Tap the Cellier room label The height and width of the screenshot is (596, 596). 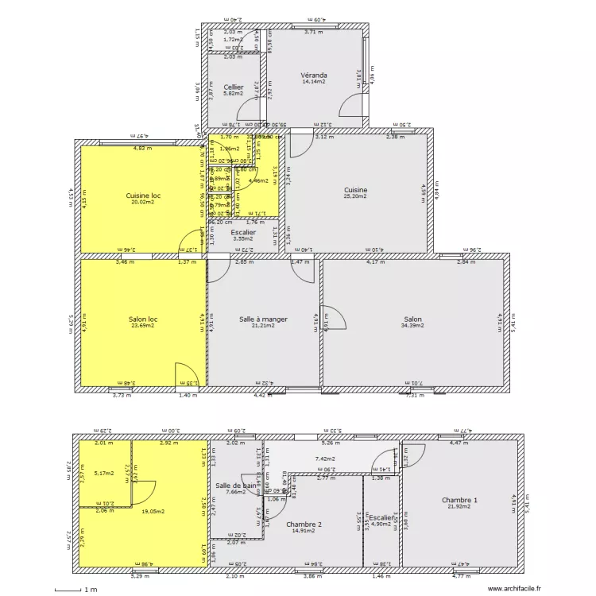coord(234,87)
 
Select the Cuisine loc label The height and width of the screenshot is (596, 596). coord(143,195)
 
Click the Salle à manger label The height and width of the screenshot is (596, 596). coord(263,319)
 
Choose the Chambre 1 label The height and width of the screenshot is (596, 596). coord(460,499)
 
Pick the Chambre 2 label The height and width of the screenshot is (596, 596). coord(304,524)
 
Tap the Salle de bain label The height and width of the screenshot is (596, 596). coord(235,485)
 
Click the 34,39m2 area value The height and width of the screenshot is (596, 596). coord(412,325)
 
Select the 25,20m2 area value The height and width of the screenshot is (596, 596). coord(355,196)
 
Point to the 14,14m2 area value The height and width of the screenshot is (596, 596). coord(314,81)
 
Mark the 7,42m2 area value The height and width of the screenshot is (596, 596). coord(324,459)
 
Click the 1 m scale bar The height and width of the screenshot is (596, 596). coord(72,590)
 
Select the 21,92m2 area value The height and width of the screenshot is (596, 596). coord(460,506)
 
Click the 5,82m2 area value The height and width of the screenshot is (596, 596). coord(234,94)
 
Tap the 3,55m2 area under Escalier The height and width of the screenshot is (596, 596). coord(243,238)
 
